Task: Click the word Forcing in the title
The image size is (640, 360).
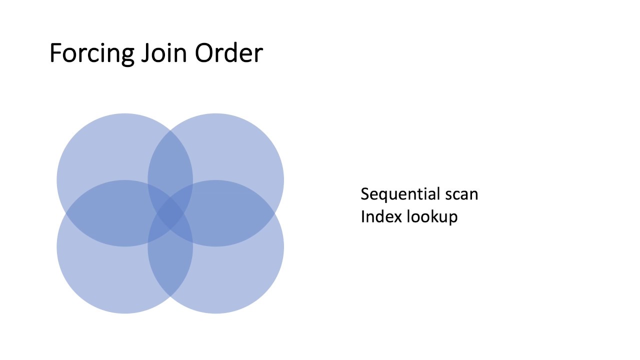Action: click(91, 53)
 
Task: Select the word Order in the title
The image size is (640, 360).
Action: click(228, 53)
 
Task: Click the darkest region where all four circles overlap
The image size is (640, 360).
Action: click(170, 213)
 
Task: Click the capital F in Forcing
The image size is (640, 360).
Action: click(55, 53)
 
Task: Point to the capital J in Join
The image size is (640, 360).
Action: click(145, 53)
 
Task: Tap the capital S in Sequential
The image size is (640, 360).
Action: click(365, 194)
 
